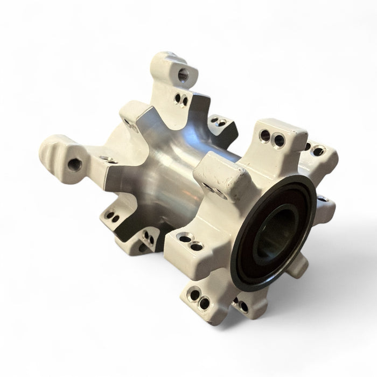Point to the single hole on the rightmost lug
point(322,198)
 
